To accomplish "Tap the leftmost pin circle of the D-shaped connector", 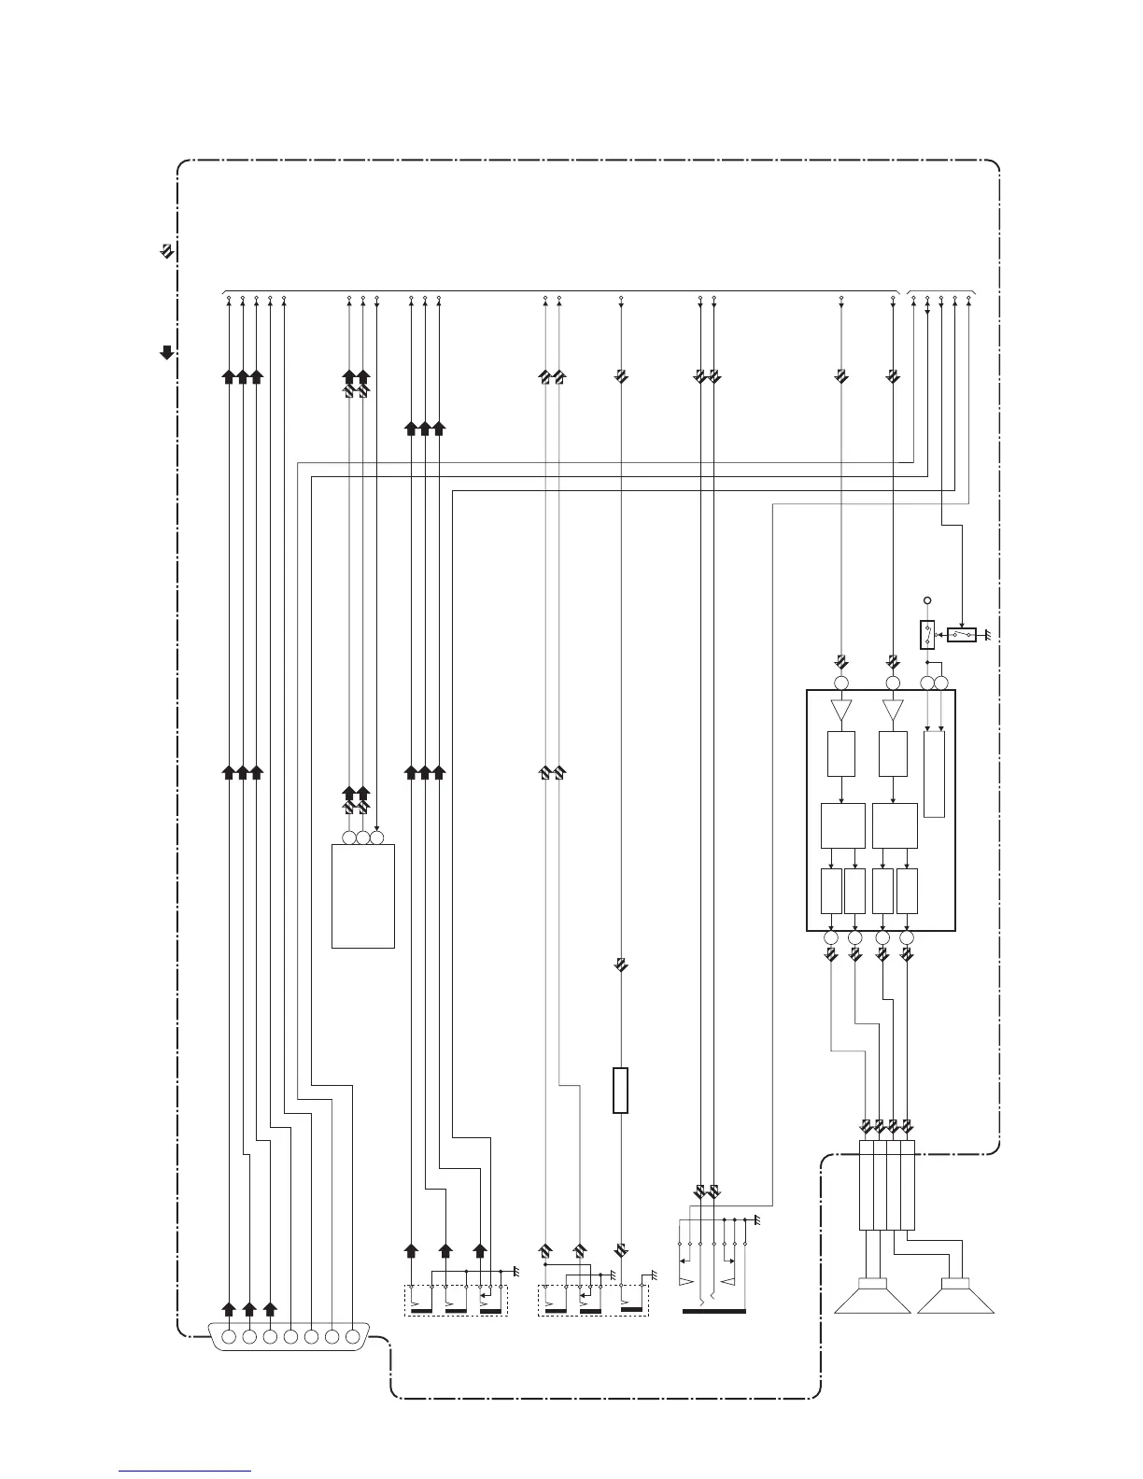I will coord(229,1336).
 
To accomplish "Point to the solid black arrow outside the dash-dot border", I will coord(166,352).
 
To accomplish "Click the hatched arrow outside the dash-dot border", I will coord(166,251).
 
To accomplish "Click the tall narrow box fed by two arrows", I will coord(934,774).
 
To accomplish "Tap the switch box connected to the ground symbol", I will coord(962,635).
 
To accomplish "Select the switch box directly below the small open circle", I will coord(927,635).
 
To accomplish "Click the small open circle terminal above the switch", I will coord(927,600).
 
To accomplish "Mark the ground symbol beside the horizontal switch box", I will coord(985,635).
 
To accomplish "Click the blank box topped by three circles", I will coord(363,896).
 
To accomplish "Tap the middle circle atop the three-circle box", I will coord(363,838).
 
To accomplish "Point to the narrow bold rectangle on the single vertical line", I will coord(621,1090).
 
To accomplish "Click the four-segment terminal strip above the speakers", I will coord(886,1185).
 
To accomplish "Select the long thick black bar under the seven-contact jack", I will coord(714,1311).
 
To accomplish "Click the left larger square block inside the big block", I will coord(842,824).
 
